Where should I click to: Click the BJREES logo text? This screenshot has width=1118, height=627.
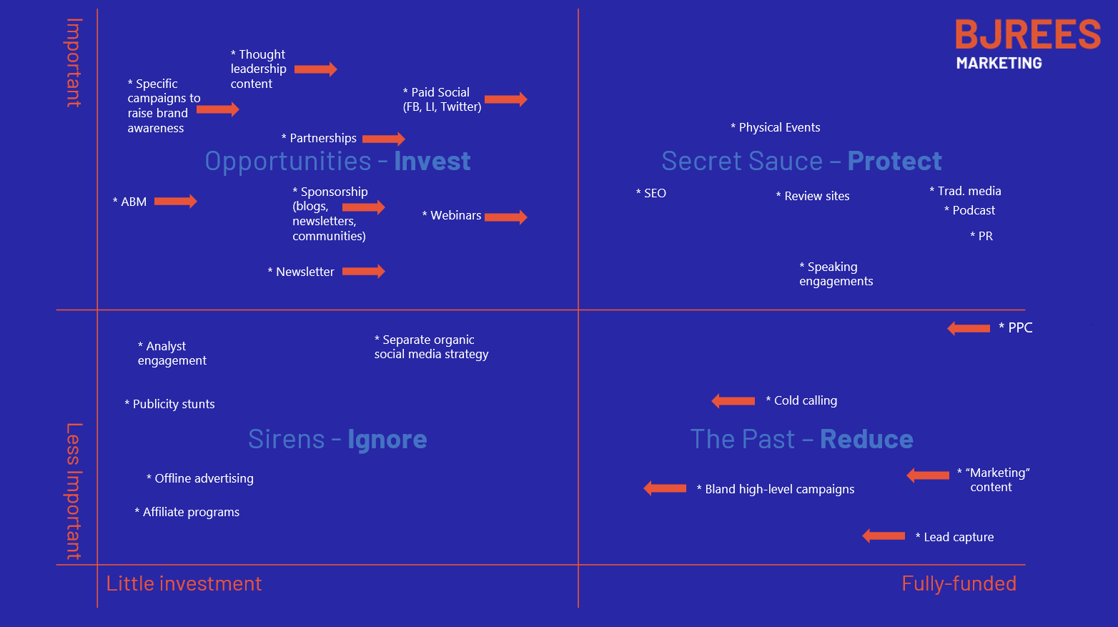coord(1027,34)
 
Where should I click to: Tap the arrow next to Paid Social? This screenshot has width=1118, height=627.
coord(505,99)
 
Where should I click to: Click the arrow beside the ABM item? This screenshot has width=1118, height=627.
coord(175,201)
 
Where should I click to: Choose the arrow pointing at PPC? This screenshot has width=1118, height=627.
coord(969,328)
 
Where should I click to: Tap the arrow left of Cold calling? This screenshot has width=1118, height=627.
coord(733,401)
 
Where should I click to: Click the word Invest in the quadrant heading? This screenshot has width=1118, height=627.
coord(432,161)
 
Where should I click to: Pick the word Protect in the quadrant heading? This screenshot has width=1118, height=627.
coord(894,161)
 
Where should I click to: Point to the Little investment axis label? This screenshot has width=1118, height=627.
coord(184,583)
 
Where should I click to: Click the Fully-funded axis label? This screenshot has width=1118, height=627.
coord(959,583)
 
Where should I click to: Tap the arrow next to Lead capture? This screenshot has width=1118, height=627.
coord(884,536)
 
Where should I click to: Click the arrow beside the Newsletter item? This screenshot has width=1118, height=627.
coord(363,271)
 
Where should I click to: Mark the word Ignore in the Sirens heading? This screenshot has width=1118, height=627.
coord(387,439)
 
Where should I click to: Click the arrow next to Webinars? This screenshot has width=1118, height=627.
coord(505,217)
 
